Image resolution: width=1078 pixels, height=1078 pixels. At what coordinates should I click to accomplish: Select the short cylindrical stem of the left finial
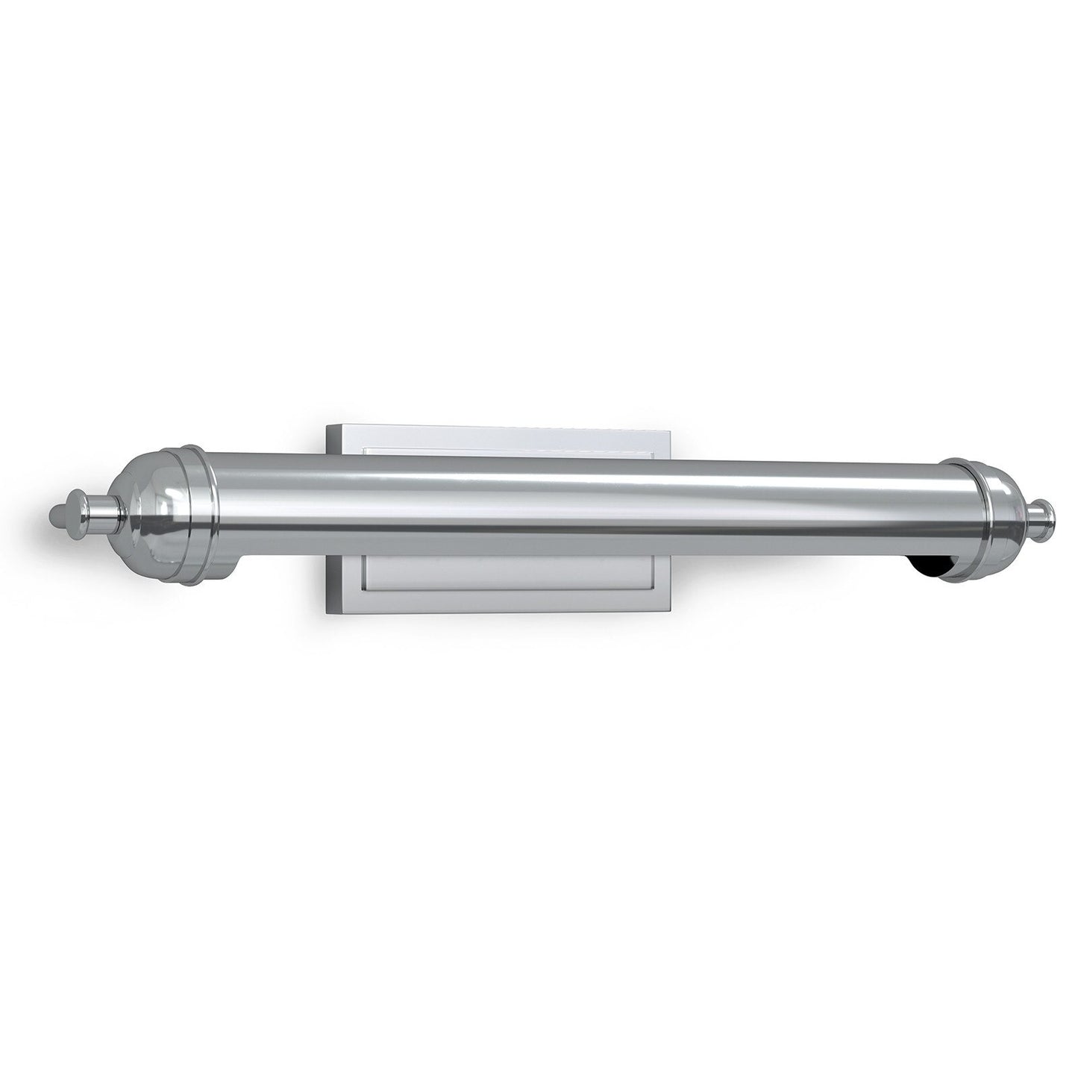(101, 511)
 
